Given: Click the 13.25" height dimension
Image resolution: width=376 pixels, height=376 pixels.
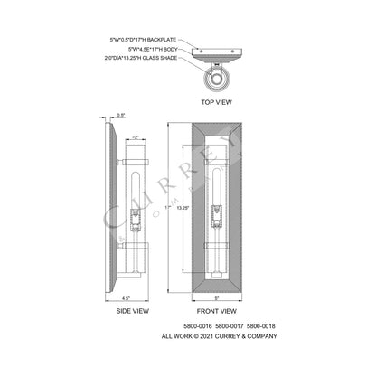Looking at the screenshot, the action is (x=181, y=207).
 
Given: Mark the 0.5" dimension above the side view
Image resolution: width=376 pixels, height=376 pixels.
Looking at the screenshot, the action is (x=121, y=116).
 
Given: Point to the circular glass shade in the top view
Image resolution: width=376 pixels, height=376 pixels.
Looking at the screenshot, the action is (x=217, y=80).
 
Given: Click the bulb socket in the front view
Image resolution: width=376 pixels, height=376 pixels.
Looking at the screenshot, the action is (x=220, y=217).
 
